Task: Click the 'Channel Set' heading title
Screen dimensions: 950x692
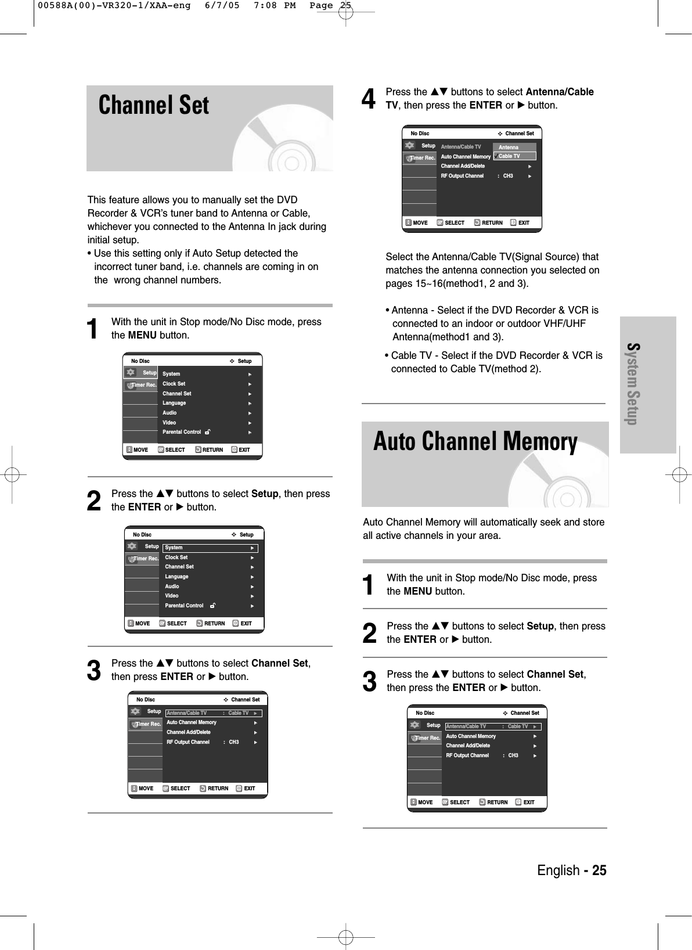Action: (154, 106)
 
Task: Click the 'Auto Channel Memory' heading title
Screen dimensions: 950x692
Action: (475, 442)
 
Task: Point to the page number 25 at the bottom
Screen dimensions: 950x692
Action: (596, 870)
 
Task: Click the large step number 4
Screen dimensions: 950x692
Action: (368, 99)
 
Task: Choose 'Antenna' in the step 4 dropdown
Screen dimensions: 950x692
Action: (509, 147)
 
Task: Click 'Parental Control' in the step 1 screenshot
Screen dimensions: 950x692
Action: (182, 432)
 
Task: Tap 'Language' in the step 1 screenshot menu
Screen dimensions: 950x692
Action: (174, 403)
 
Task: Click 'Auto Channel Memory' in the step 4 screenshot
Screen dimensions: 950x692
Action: (466, 157)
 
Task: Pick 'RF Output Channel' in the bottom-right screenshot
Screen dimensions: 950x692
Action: (467, 755)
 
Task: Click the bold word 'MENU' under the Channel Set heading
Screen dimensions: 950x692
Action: (142, 335)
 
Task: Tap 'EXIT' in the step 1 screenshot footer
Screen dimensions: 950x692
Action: (244, 450)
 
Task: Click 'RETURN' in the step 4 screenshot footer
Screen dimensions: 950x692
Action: (492, 223)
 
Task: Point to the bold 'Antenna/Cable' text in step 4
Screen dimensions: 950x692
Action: (559, 92)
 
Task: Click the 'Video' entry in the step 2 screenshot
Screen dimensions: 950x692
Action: (172, 596)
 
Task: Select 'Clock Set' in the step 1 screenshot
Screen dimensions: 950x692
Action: (174, 384)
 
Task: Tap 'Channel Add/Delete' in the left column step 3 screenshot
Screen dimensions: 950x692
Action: (189, 732)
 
